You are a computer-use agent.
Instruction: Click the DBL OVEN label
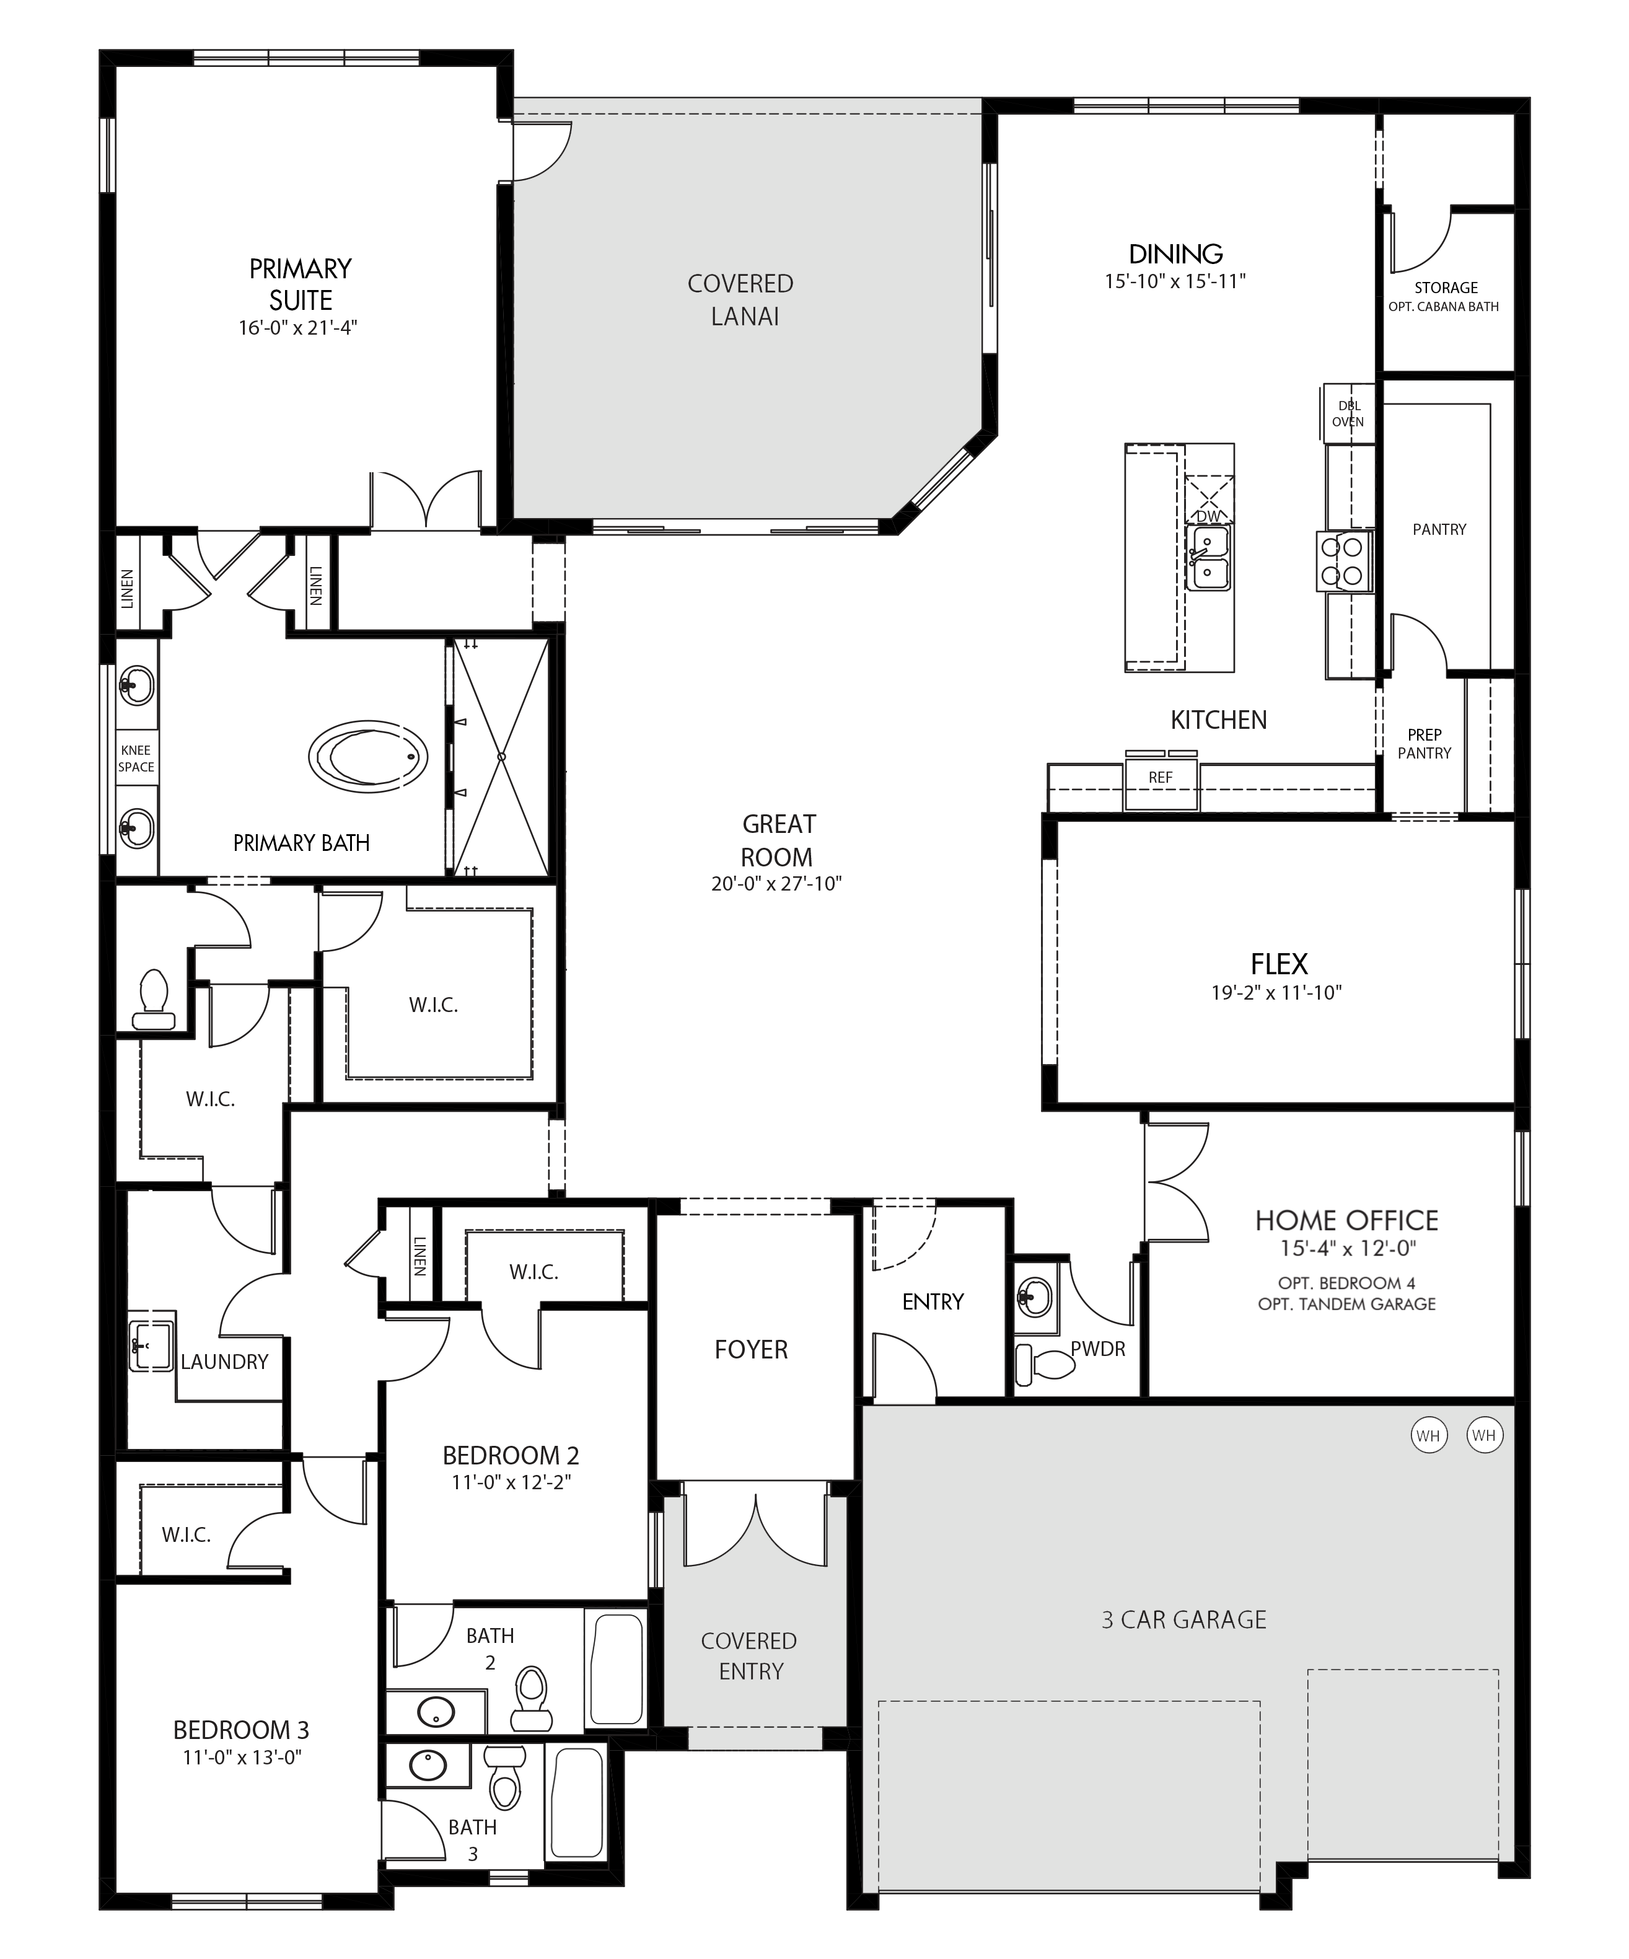click(1348, 413)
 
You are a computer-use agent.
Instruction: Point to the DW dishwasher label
click(1208, 516)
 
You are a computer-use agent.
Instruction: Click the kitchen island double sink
click(1208, 557)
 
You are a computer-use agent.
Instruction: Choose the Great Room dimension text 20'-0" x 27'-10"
click(777, 883)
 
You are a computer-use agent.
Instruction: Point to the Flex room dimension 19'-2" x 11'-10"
click(1276, 992)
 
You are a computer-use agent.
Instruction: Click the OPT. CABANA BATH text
click(1444, 306)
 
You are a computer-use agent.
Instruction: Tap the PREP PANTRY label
click(1424, 744)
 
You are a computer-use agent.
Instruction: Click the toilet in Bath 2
click(530, 1701)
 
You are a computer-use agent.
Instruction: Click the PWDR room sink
click(1035, 1296)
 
